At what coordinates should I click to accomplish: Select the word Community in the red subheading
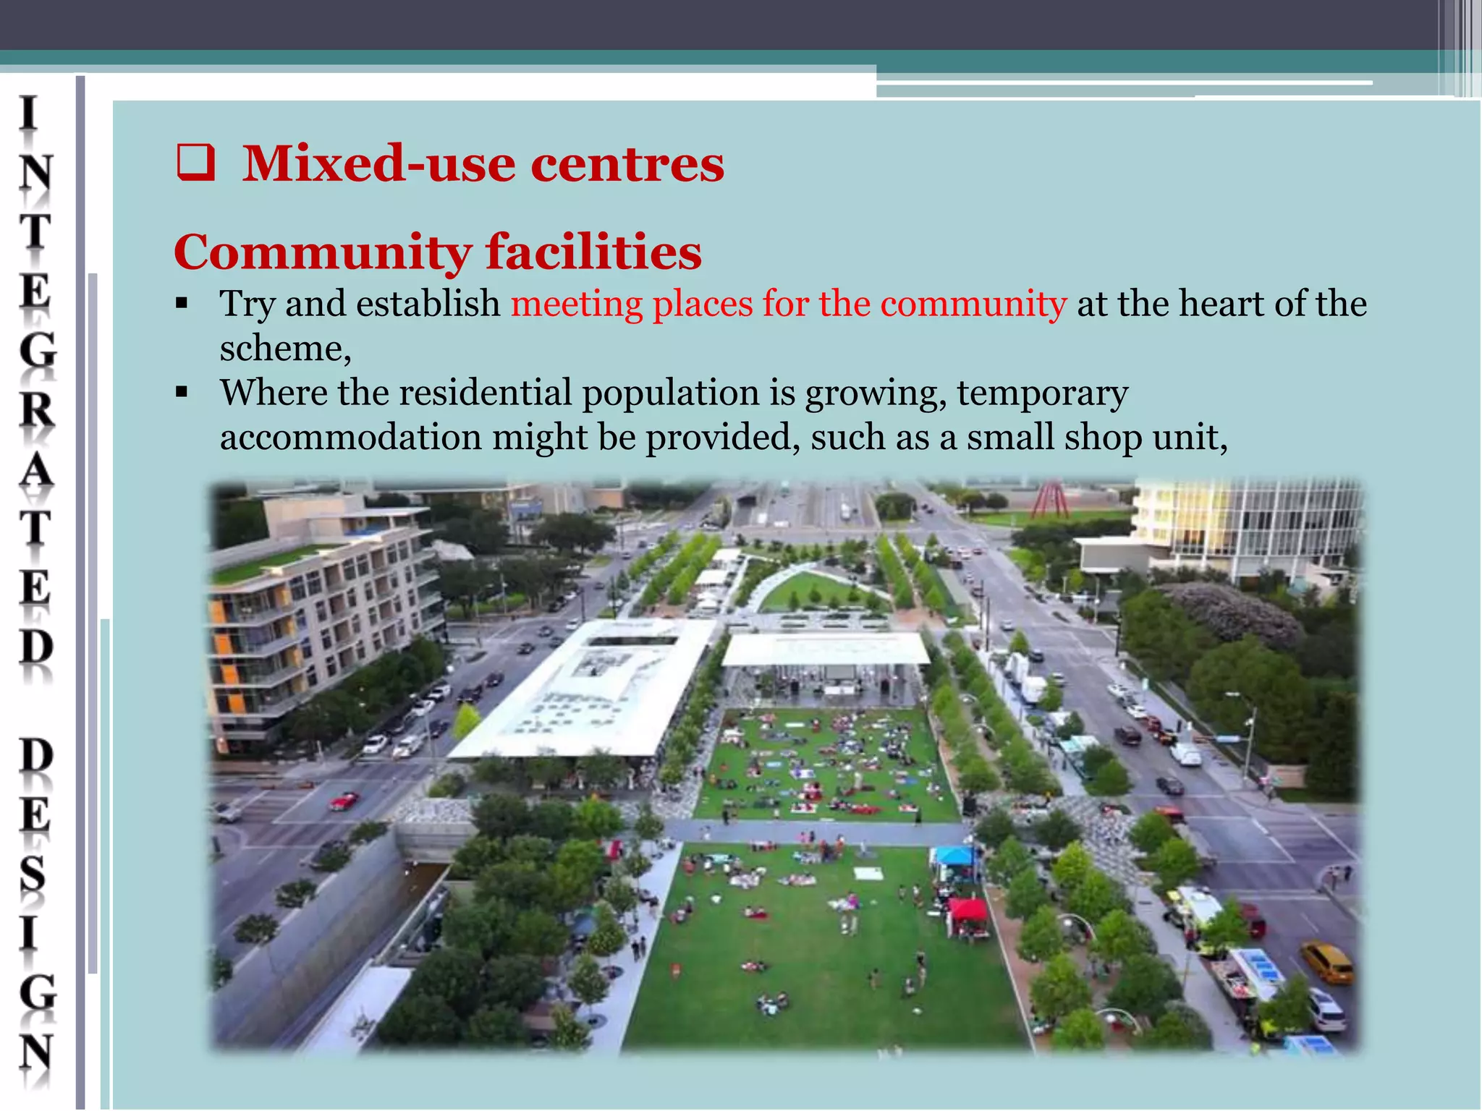(322, 252)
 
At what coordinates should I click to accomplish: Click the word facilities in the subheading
(593, 252)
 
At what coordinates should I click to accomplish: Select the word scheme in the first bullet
(284, 349)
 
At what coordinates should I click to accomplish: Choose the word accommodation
(350, 438)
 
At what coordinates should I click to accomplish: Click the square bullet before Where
(182, 393)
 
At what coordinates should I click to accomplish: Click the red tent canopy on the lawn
(968, 909)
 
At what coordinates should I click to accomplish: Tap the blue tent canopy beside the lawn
(954, 856)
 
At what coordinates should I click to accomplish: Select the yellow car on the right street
(1326, 961)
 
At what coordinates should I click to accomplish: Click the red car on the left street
(344, 801)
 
